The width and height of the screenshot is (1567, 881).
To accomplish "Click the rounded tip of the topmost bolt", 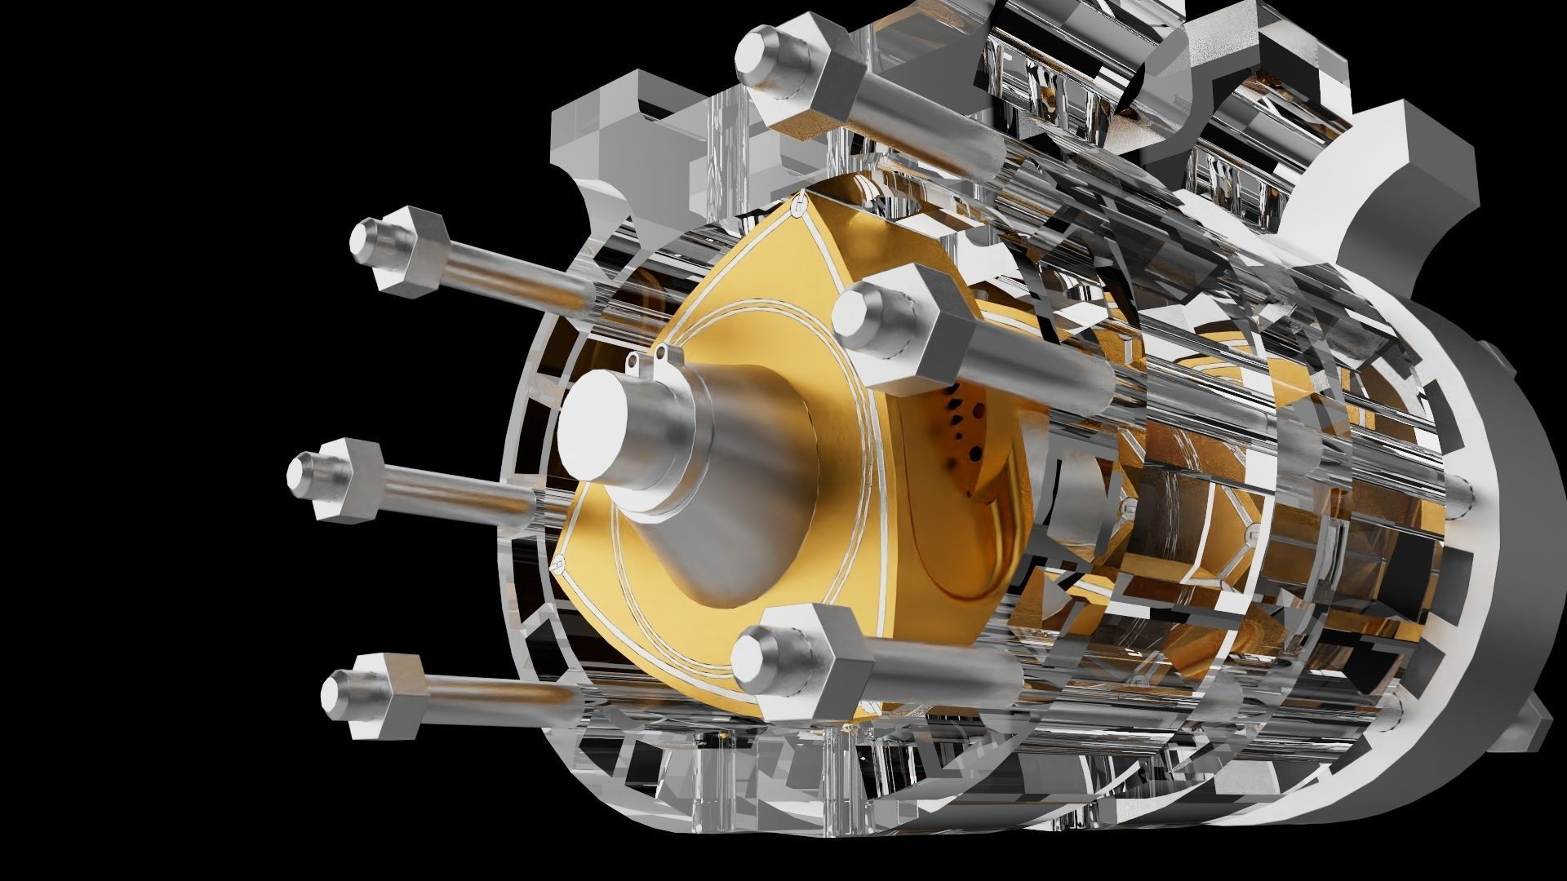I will point(755,56).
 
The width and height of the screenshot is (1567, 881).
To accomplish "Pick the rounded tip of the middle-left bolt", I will point(303,473).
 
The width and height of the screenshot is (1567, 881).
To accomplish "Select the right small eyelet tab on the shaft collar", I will point(662,352).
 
